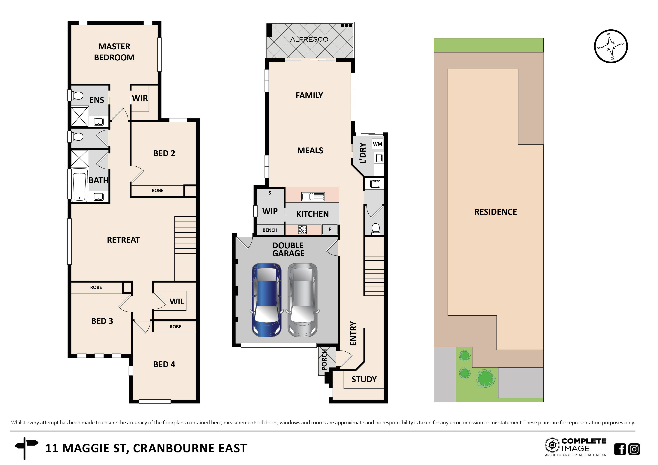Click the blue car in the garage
(267, 300)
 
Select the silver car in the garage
(303, 300)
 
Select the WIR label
(140, 98)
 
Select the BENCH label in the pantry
(270, 230)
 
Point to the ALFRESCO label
(309, 40)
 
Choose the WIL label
(177, 302)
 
